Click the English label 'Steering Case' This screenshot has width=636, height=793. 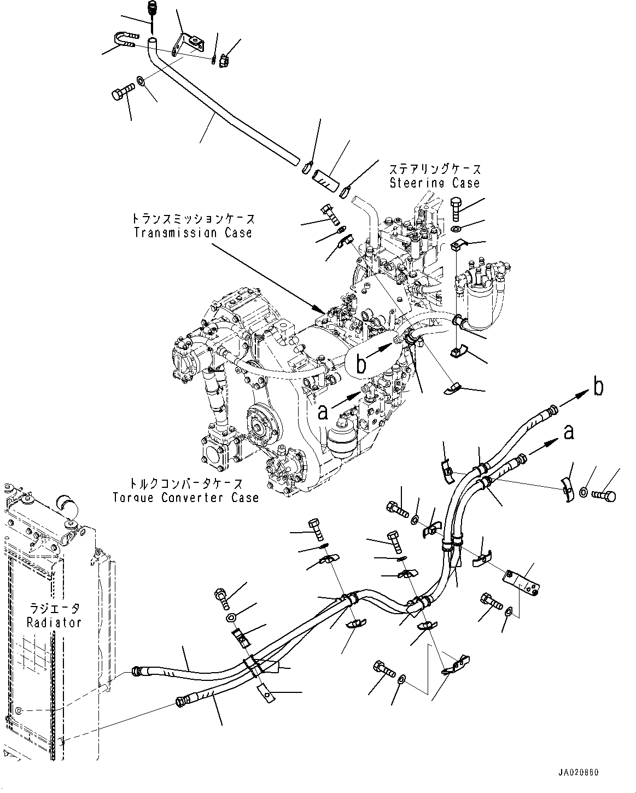(435, 183)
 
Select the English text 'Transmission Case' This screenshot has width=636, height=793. (193, 232)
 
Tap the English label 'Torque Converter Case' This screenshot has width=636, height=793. (186, 498)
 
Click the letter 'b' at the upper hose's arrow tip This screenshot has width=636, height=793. (598, 388)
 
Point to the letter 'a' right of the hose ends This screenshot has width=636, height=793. (569, 433)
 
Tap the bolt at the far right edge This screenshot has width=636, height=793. (604, 495)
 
